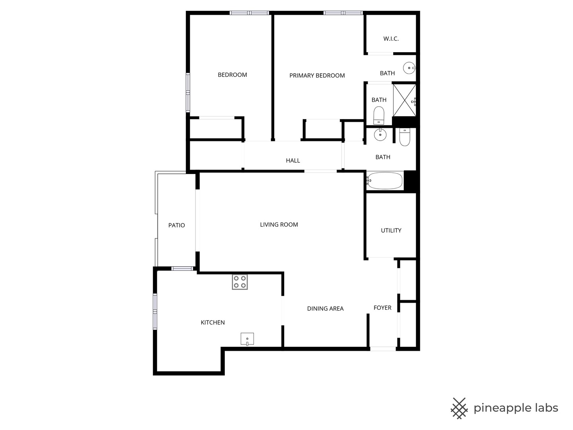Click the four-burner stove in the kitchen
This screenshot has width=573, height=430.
point(240,282)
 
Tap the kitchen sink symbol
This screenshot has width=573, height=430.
point(247,339)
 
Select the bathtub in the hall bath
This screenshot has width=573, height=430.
point(385,181)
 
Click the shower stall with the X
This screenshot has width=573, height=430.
point(405,100)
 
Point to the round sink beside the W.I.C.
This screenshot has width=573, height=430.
point(409,68)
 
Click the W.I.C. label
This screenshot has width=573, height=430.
point(391,39)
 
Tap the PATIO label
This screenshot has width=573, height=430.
point(177,225)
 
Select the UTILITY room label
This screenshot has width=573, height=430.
point(391,230)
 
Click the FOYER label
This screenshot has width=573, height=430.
point(382,308)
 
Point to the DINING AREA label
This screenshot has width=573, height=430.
point(325,309)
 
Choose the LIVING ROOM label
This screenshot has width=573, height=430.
point(279,225)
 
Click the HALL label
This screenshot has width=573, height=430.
point(293,160)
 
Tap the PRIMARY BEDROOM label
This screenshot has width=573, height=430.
point(317,76)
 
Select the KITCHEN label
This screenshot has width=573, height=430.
point(213,322)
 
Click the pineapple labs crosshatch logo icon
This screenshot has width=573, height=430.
point(459,408)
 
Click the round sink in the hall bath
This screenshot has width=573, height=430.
point(380,135)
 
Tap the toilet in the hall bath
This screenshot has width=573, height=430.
point(404,137)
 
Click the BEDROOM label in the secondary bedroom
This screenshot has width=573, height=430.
point(232,75)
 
